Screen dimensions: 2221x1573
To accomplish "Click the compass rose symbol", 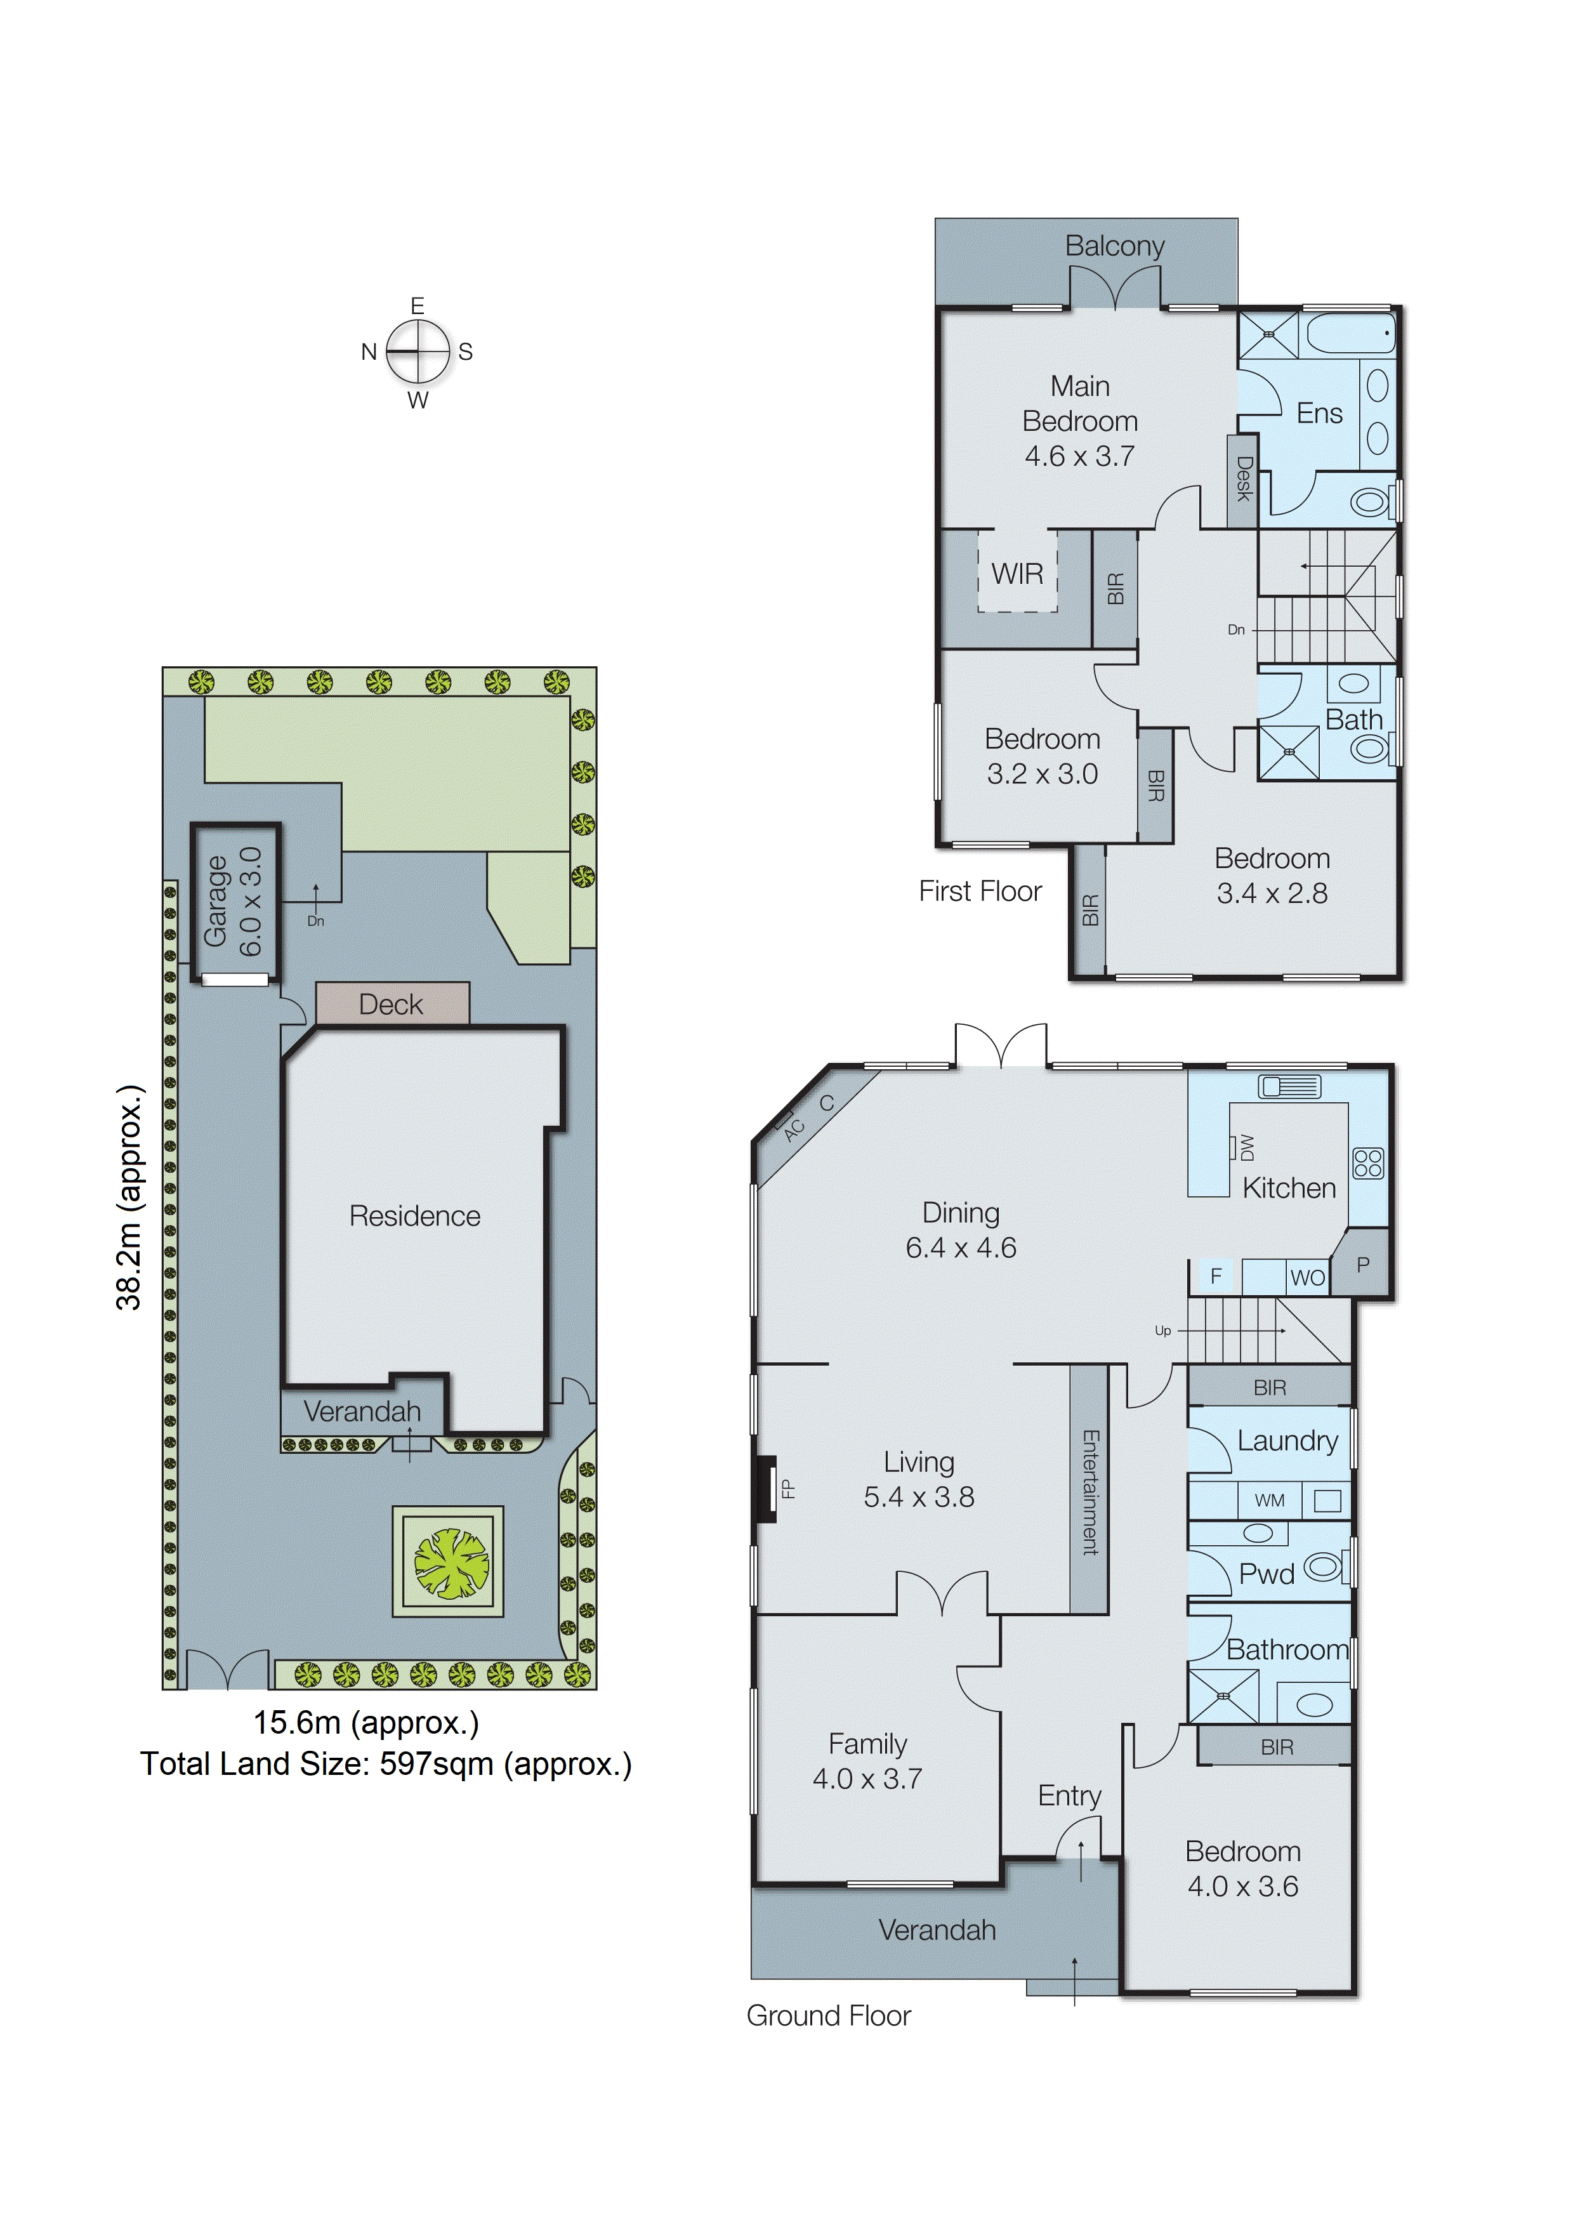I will pos(418,352).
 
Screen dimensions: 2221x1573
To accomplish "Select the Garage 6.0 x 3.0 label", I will pos(232,901).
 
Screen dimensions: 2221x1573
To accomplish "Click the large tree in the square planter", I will pos(451,1562).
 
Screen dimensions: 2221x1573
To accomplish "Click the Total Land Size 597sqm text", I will pos(386,1764).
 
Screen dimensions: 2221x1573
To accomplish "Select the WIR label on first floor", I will pos(1017,574).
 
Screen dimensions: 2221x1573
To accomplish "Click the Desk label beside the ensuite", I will pos(1244,478).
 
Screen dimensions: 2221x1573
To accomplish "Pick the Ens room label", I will pos(1319,414).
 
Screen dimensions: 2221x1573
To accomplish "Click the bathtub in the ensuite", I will pos(1349,333).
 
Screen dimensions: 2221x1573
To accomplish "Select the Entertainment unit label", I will pos(1089,1492).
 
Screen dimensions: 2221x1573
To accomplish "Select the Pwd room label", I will pos(1266,1574).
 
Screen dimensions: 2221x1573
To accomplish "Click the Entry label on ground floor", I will pos(1069,1796).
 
